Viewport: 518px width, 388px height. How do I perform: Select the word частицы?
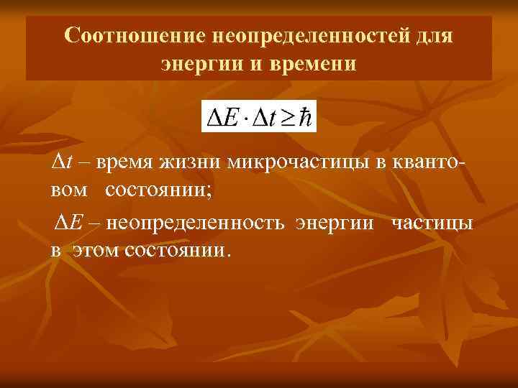click(432, 223)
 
